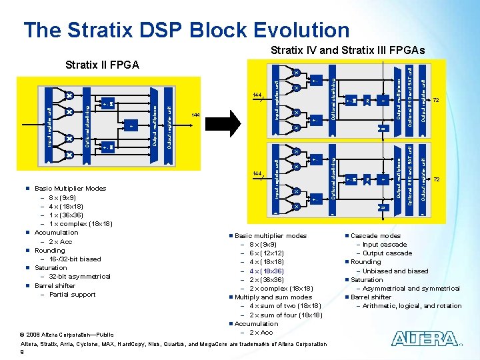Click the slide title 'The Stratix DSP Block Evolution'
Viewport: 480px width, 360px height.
[186, 30]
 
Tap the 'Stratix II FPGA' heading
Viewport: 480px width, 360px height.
[102, 65]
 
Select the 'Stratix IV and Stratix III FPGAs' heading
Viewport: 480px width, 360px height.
[347, 51]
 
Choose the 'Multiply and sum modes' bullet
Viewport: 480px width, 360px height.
[273, 297]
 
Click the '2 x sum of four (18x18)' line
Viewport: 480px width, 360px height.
[285, 315]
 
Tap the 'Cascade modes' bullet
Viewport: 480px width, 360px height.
[376, 236]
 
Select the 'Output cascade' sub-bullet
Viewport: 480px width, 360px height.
[387, 253]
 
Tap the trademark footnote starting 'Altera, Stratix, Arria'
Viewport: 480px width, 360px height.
[174, 344]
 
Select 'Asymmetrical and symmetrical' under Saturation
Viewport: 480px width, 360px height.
[411, 289]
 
